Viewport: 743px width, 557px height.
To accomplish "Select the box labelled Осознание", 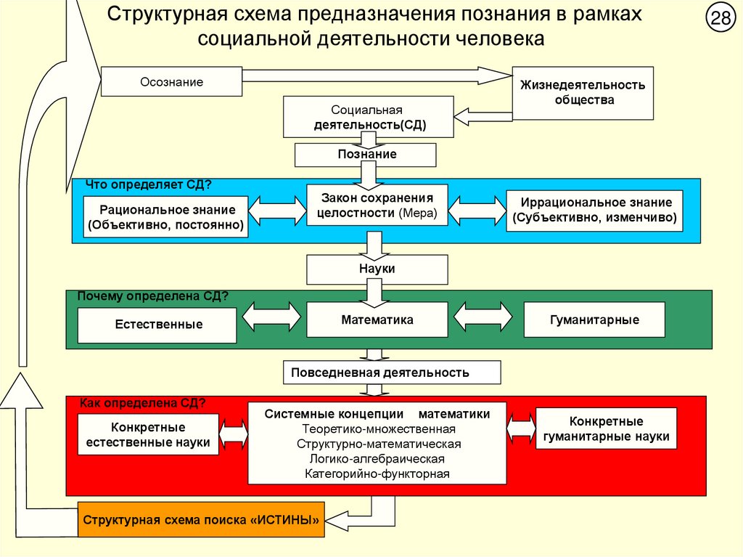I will pos(171,82).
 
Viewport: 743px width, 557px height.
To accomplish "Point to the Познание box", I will pos(366,155).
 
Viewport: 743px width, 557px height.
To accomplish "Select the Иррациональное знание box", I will pos(594,210).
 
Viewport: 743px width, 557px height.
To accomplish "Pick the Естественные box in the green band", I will pos(157,325).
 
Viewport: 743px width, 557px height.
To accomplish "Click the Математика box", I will pos(377,320).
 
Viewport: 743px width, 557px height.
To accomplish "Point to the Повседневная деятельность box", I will pos(391,373).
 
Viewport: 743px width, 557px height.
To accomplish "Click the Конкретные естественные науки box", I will pos(148,434).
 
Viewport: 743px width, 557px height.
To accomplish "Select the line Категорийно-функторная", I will pos(377,473).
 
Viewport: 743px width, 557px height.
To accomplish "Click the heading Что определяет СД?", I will pos(149,184).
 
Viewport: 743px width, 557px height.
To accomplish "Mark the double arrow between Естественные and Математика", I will pos(271,318).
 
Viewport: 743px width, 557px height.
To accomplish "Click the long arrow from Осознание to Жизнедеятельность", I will pos(377,75).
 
